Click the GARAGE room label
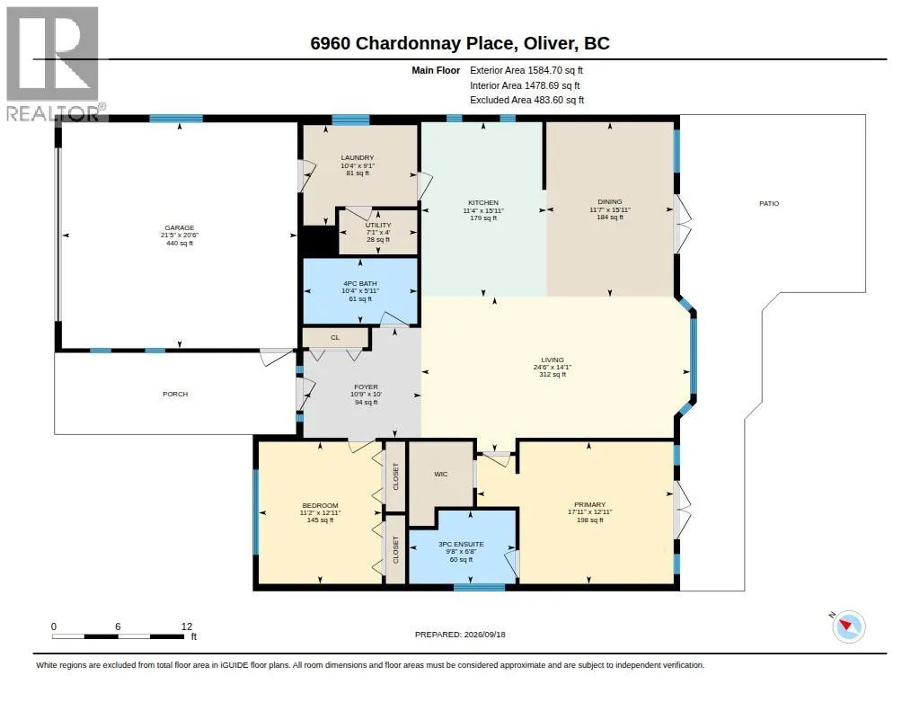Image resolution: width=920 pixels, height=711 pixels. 180,227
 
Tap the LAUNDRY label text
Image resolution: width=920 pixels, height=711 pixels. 358,158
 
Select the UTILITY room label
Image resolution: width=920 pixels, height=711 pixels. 378,225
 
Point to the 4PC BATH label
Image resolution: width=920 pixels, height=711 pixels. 359,283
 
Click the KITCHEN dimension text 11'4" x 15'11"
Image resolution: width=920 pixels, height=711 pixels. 483,210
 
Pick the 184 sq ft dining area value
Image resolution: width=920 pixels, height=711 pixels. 610,218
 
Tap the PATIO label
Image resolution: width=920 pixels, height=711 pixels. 769,204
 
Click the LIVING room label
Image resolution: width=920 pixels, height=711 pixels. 553,360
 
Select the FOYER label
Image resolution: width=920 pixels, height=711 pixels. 367,387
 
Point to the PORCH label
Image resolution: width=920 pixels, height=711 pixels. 175,394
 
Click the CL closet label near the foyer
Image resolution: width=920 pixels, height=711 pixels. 335,338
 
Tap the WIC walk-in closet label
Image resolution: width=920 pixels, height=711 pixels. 440,474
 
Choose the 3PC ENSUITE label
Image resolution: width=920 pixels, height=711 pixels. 461,544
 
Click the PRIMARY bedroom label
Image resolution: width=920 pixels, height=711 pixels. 589,504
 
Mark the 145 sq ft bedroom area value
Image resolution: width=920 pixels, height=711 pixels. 321,520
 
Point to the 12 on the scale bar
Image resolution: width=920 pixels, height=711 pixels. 187,627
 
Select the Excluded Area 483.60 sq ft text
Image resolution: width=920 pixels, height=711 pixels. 526,101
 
